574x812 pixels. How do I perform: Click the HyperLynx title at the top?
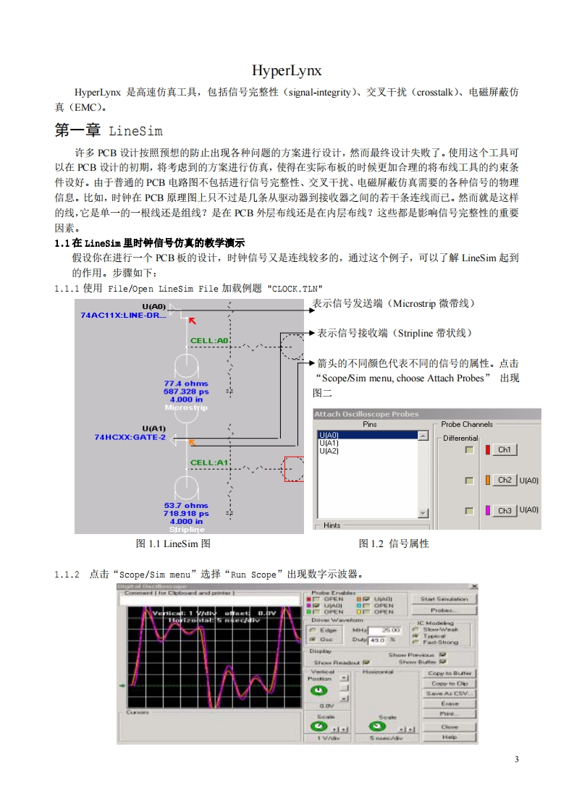(287, 71)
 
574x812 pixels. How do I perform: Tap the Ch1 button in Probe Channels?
(505, 450)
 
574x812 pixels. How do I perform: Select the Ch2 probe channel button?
(505, 481)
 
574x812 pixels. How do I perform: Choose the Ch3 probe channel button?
(505, 510)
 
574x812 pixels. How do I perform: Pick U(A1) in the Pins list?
(329, 443)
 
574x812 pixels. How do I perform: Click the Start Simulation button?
(444, 599)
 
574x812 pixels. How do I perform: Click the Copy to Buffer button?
(450, 673)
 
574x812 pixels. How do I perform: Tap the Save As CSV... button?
(450, 693)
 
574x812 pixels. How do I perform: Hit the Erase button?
(450, 703)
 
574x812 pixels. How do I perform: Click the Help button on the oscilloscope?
(450, 737)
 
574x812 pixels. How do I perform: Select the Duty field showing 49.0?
(377, 640)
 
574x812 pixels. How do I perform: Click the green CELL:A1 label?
(209, 462)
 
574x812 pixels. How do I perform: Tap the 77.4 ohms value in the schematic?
(186, 384)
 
